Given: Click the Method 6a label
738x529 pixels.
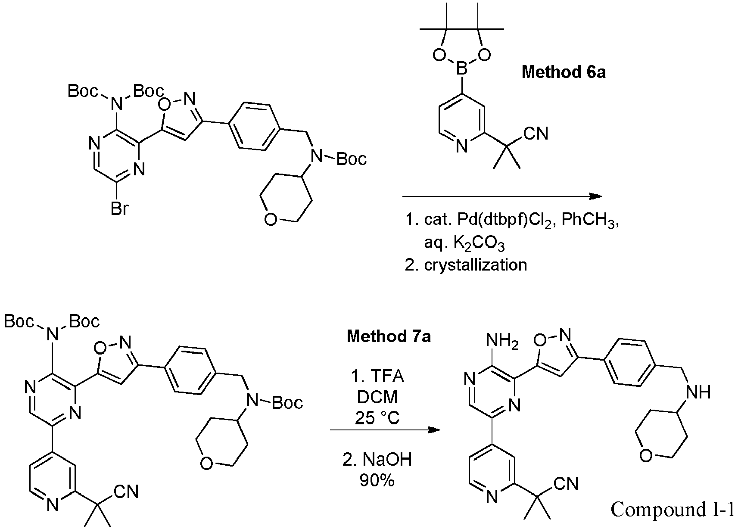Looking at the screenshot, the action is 564,72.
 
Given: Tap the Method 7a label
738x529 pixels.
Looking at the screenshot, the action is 389,336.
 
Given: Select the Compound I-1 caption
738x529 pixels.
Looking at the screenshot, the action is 673,509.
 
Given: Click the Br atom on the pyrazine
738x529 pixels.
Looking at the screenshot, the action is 119,208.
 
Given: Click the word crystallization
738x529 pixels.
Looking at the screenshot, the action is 476,265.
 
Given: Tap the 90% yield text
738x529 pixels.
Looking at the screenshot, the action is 377,480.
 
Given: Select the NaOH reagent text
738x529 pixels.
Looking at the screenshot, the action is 387,459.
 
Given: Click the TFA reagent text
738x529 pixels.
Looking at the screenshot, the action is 387,376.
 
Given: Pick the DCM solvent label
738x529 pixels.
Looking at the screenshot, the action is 377,397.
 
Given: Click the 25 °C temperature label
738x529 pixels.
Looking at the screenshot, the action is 377,418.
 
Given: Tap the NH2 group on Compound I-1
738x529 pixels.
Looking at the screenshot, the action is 502,340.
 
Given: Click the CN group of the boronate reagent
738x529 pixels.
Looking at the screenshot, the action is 536,134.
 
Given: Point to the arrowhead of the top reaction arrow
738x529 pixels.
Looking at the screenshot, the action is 596,196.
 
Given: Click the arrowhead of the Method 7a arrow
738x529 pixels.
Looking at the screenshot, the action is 434,430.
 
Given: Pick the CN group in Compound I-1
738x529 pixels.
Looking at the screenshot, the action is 566,483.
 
